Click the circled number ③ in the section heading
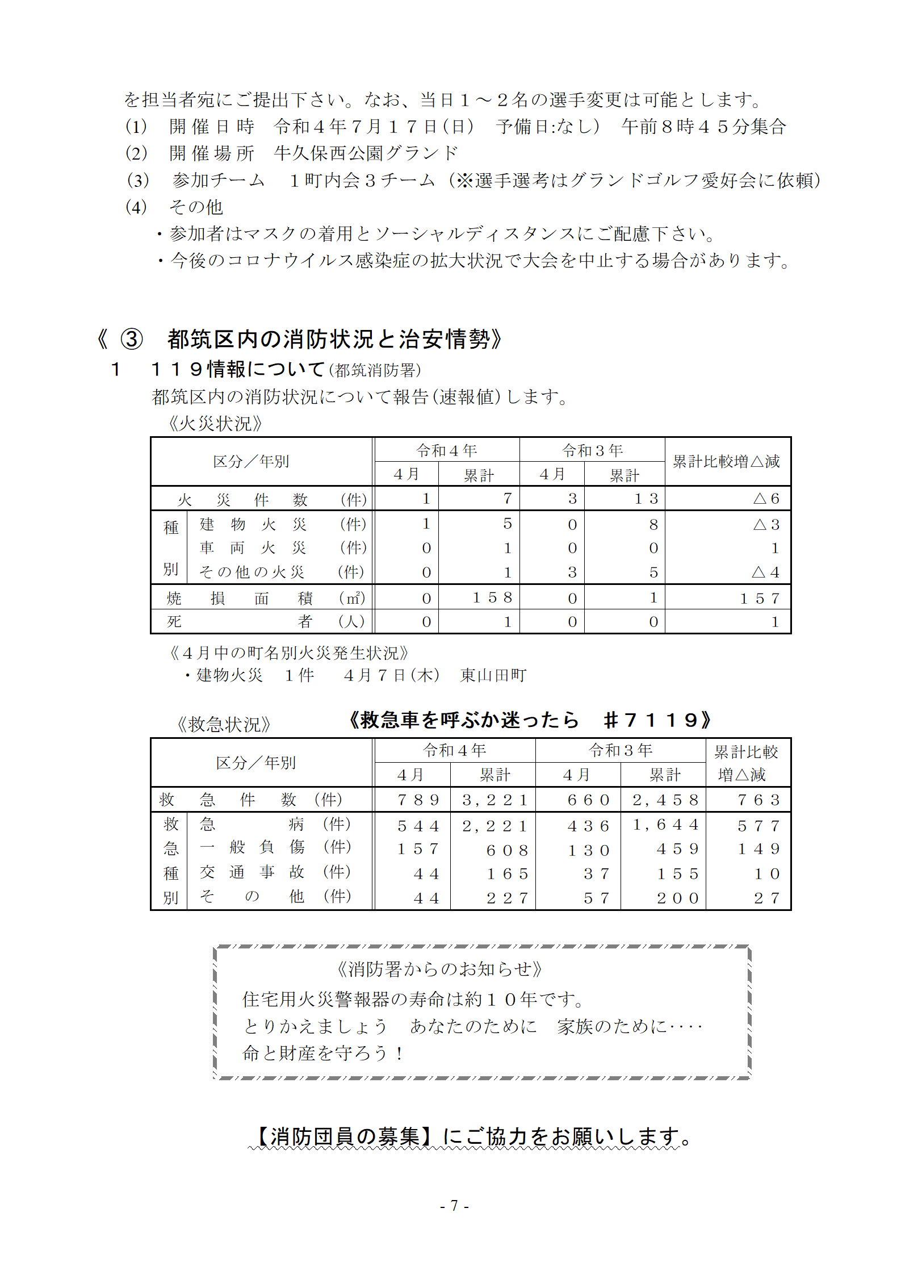tap(132, 339)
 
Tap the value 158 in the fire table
tap(492, 597)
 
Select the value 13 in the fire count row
tap(646, 499)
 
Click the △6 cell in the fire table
tap(766, 499)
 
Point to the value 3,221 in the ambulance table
tap(495, 800)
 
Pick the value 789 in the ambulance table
tap(418, 800)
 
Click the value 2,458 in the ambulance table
tap(665, 800)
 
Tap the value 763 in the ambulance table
tap(758, 800)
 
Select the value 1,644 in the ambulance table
tap(665, 825)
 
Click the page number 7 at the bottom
tap(454, 1205)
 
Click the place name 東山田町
tap(493, 675)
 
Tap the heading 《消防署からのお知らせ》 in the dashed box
tap(440, 969)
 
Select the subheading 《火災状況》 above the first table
tap(216, 424)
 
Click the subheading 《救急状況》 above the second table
tap(224, 724)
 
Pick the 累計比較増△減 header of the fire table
tap(727, 462)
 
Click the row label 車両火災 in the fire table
tap(253, 548)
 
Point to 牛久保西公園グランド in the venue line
tap(366, 153)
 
